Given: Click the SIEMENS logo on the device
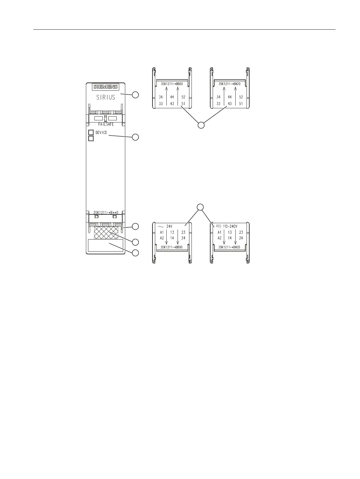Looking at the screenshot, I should (106, 87).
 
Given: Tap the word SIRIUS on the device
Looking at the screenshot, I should (106, 97).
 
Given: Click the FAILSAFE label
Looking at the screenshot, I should (106, 125).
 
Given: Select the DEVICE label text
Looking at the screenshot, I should (101, 132).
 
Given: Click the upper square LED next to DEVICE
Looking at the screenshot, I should (91, 132).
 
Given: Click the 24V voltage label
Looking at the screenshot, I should (169, 226).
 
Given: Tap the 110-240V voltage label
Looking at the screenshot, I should (230, 226).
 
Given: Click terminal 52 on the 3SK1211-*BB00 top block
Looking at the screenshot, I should (183, 97).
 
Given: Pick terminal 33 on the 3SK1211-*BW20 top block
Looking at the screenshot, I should (218, 104).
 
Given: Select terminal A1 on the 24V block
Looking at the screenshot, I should (162, 232).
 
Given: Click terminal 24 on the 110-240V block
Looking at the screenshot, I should (241, 238).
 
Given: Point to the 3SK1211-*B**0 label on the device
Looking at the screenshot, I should (106, 212).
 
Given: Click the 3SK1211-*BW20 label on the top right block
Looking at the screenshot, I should (229, 84).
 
